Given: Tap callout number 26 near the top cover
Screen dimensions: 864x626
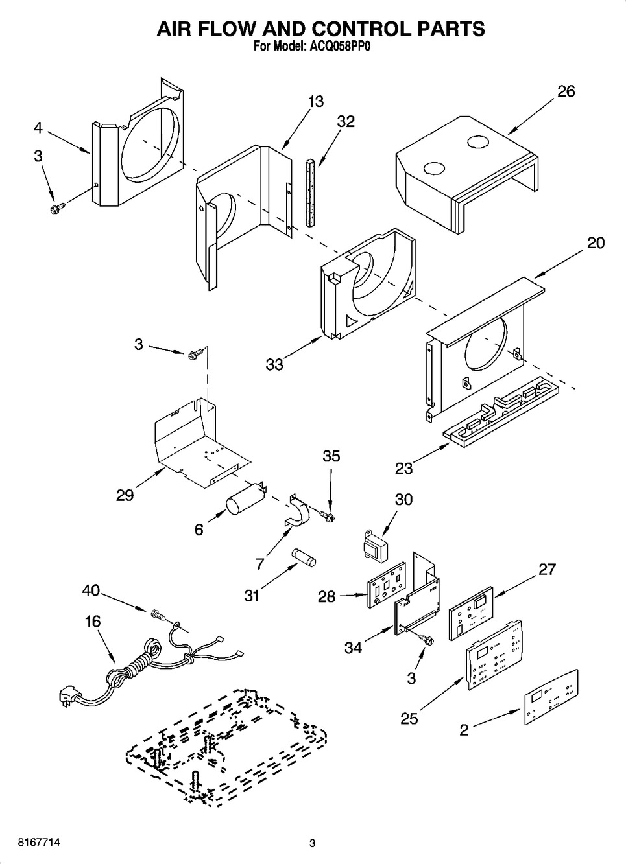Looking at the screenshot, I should coord(566,91).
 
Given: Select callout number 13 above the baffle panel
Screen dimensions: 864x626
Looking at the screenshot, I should coord(316,102).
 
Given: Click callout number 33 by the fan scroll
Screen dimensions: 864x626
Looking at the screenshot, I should coord(274,365).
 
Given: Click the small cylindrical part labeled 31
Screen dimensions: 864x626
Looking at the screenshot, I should coord(303,557).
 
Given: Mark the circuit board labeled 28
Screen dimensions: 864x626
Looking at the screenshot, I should coord(387,585).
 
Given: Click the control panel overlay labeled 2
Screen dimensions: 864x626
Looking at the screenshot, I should coord(551,697).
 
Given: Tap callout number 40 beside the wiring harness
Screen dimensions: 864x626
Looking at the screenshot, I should coord(91,590).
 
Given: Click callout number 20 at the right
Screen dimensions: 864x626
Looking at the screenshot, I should coord(596,242).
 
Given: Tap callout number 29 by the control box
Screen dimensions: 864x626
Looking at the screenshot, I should coord(125,495).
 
